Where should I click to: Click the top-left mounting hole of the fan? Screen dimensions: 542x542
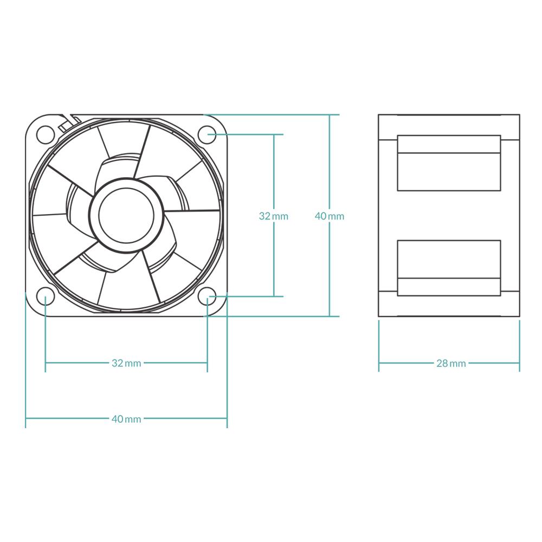[46, 134]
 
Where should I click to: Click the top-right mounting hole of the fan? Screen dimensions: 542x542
[207, 134]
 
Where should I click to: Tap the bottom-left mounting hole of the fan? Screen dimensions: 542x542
[46, 296]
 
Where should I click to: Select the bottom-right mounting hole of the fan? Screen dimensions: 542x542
[207, 296]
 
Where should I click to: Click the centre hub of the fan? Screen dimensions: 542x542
[126, 215]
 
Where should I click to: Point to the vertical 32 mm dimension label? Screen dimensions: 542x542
[273, 216]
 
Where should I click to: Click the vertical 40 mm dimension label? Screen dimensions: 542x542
[330, 216]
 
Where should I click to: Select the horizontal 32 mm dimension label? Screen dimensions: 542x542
[126, 363]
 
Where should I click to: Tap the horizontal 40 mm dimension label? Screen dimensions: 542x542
[126, 419]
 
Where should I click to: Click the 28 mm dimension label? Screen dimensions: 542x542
[451, 363]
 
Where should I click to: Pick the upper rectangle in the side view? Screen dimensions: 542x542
[449, 163]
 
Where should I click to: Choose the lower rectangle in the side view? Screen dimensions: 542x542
[449, 268]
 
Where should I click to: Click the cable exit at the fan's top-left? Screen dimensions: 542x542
[69, 122]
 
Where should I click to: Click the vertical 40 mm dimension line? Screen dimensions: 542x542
[330, 215]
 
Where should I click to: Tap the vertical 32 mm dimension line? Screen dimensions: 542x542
[274, 215]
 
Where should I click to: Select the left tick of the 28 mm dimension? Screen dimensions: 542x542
[379, 346]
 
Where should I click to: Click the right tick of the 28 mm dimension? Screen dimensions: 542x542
[520, 346]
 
